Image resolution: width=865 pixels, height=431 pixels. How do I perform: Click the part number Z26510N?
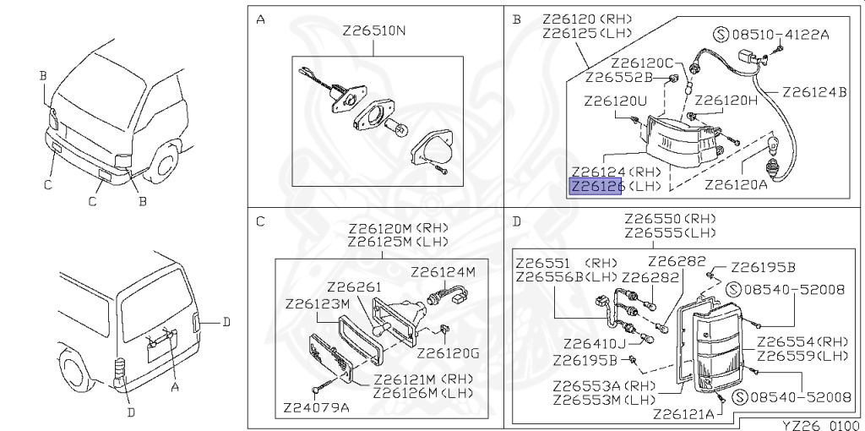pos(374,31)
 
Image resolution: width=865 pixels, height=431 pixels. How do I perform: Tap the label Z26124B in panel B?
pos(814,91)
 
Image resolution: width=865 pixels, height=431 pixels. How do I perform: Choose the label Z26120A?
pos(736,183)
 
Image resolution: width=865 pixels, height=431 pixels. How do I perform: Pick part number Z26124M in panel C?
pos(443,271)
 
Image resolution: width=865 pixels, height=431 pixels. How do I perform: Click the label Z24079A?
pos(316,409)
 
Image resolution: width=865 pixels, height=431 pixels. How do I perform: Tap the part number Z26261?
pos(353,287)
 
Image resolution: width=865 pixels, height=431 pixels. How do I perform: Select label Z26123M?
pos(318,304)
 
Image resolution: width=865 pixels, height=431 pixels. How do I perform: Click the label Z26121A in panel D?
pos(684,414)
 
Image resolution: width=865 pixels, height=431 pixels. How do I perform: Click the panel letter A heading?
pos(260,20)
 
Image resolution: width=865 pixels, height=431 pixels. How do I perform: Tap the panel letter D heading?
pos(516,222)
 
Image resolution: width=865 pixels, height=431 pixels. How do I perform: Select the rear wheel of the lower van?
pos(74,370)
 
